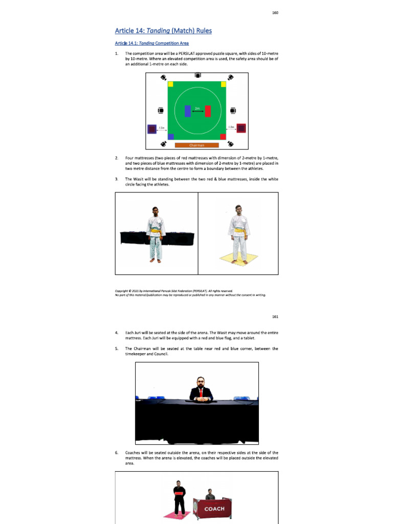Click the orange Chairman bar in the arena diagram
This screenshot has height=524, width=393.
coord(197,145)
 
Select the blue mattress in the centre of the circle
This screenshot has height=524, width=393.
coord(188,111)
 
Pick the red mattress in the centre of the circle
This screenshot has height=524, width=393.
coord(208,111)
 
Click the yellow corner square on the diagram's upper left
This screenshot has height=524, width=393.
coord(170,84)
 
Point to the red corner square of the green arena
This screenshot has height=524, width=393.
coord(223,137)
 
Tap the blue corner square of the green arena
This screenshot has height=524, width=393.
coord(170,137)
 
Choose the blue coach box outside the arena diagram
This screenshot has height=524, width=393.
coord(151,129)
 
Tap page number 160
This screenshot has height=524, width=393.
coord(275,12)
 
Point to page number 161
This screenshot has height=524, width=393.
coord(275,317)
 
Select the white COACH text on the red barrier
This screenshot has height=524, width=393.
coord(214,509)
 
